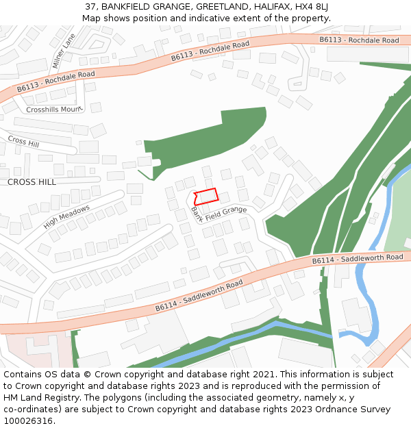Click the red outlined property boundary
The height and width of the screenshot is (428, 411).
[x=206, y=196]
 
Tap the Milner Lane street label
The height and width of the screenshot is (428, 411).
[x=62, y=51]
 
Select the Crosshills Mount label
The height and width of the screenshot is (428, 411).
[x=53, y=110]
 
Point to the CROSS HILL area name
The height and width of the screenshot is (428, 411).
[x=32, y=182]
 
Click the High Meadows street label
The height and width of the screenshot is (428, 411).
[x=66, y=217]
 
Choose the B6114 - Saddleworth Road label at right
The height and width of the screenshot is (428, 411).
[x=358, y=259]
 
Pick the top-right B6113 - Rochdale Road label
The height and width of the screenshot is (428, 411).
[x=359, y=40]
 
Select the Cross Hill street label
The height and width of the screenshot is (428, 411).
[x=24, y=141]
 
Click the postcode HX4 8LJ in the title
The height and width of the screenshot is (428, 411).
[x=312, y=7]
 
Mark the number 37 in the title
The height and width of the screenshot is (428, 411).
[x=91, y=7]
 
